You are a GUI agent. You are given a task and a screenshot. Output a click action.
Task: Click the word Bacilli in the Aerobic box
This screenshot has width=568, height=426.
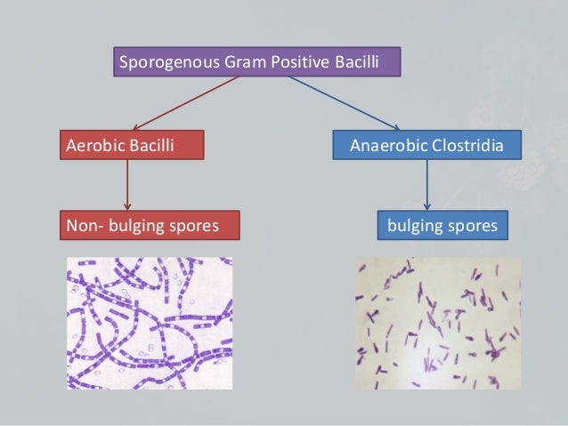coord(149,144)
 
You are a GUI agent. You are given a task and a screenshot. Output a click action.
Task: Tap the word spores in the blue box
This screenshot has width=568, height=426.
coord(472,226)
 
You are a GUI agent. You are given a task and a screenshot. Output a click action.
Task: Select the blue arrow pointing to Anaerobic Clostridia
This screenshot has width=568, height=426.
coord(343,103)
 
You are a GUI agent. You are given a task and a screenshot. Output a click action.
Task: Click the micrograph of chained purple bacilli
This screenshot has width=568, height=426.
coord(149,323)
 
